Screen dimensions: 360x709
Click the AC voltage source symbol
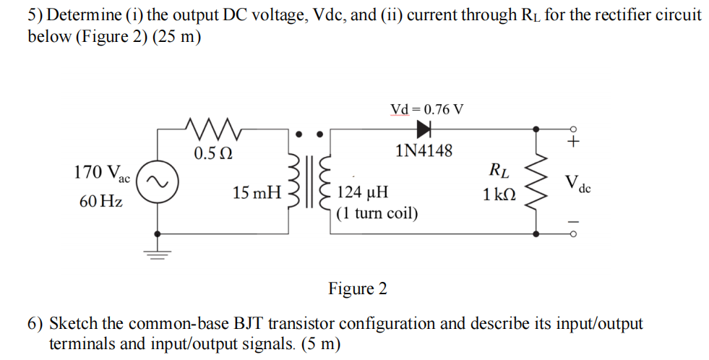tap(158, 185)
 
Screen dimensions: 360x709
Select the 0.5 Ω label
tap(213, 154)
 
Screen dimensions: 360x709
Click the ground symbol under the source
tap(158, 253)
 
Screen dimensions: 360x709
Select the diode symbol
tap(423, 129)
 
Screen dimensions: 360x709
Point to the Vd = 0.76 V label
tap(427, 109)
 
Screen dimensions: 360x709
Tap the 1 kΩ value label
tap(499, 194)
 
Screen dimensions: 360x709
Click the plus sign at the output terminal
tap(573, 142)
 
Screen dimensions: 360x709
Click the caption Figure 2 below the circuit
tap(357, 289)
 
